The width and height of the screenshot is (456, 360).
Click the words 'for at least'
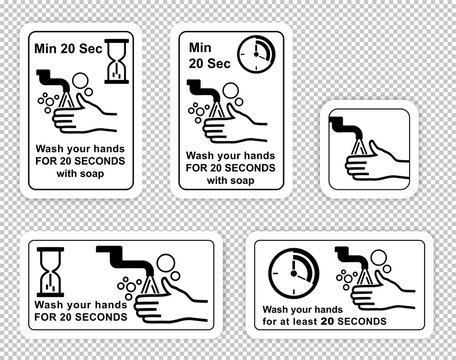pos(291,321)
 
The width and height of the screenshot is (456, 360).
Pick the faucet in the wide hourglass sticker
pos(119,258)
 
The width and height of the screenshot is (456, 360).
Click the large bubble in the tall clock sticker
pos(230,98)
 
